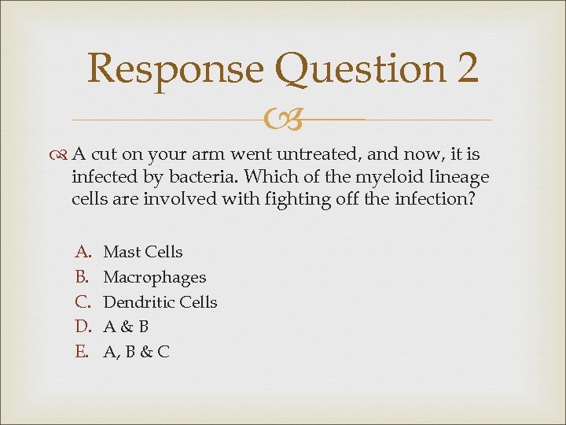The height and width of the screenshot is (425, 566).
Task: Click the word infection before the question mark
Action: [x=432, y=199]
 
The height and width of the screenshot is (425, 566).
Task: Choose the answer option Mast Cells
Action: [x=143, y=252]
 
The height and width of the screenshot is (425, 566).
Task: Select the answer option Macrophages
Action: [x=155, y=277]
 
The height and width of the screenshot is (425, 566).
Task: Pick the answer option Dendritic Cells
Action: [x=160, y=302]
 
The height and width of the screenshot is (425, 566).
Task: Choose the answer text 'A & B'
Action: [x=127, y=327]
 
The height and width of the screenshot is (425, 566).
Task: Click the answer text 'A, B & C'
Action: [x=136, y=352]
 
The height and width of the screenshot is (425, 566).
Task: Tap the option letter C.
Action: [x=82, y=302]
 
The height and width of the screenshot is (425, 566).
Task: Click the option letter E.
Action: [x=81, y=352]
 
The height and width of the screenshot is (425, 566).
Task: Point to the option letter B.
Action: [x=81, y=277]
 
